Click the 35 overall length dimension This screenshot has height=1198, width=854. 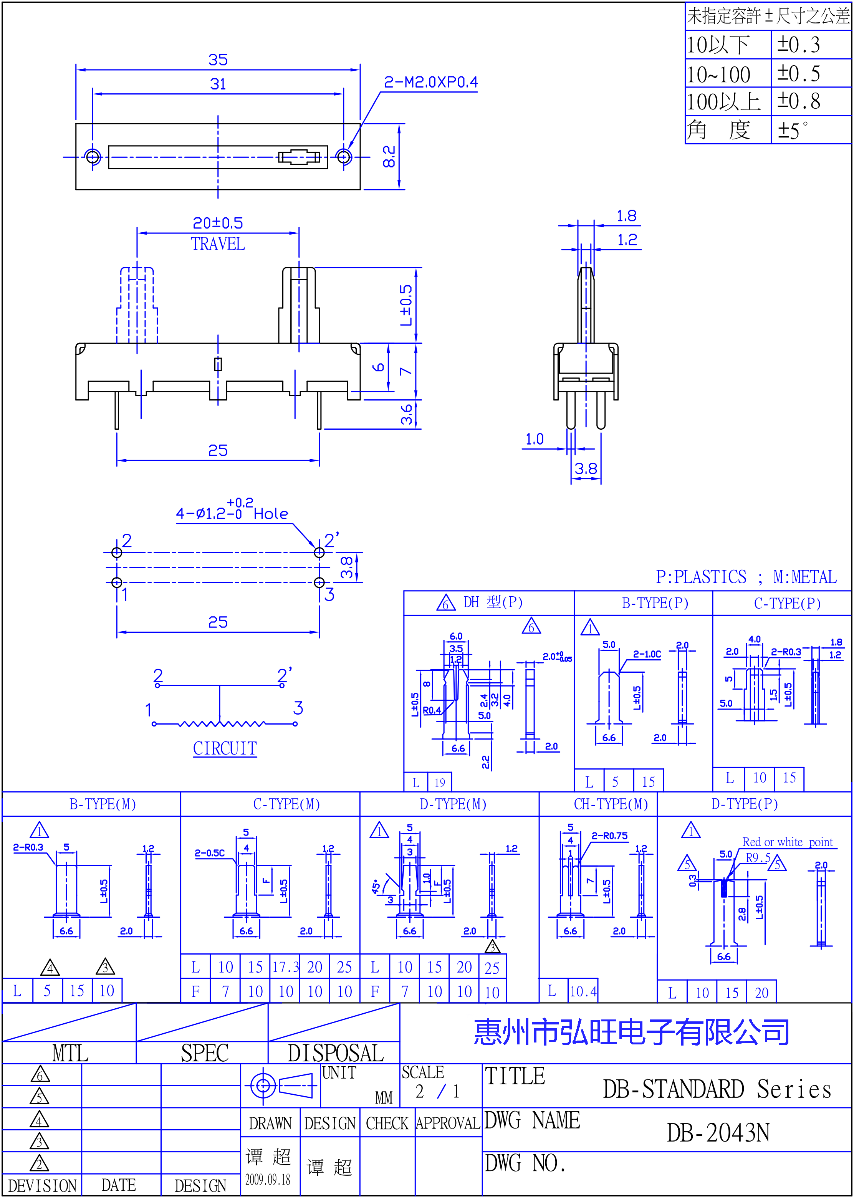click(x=218, y=60)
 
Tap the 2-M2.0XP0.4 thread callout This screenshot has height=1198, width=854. click(x=431, y=82)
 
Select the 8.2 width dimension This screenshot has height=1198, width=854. click(x=389, y=157)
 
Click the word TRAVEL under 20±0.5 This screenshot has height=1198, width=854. click(x=218, y=244)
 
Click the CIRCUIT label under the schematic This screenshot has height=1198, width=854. click(x=225, y=748)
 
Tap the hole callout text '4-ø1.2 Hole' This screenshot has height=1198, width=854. click(x=232, y=510)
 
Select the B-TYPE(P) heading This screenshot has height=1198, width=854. click(x=655, y=603)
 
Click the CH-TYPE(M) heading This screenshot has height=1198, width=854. click(x=611, y=804)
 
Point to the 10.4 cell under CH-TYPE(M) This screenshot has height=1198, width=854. click(x=583, y=991)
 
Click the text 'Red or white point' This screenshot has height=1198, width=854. click(x=787, y=842)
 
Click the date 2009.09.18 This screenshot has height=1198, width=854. click(x=268, y=1180)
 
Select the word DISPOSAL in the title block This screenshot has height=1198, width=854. click(x=336, y=1053)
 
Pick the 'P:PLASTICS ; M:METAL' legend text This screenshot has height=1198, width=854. click(x=746, y=577)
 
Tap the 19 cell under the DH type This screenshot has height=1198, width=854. click(x=440, y=783)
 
